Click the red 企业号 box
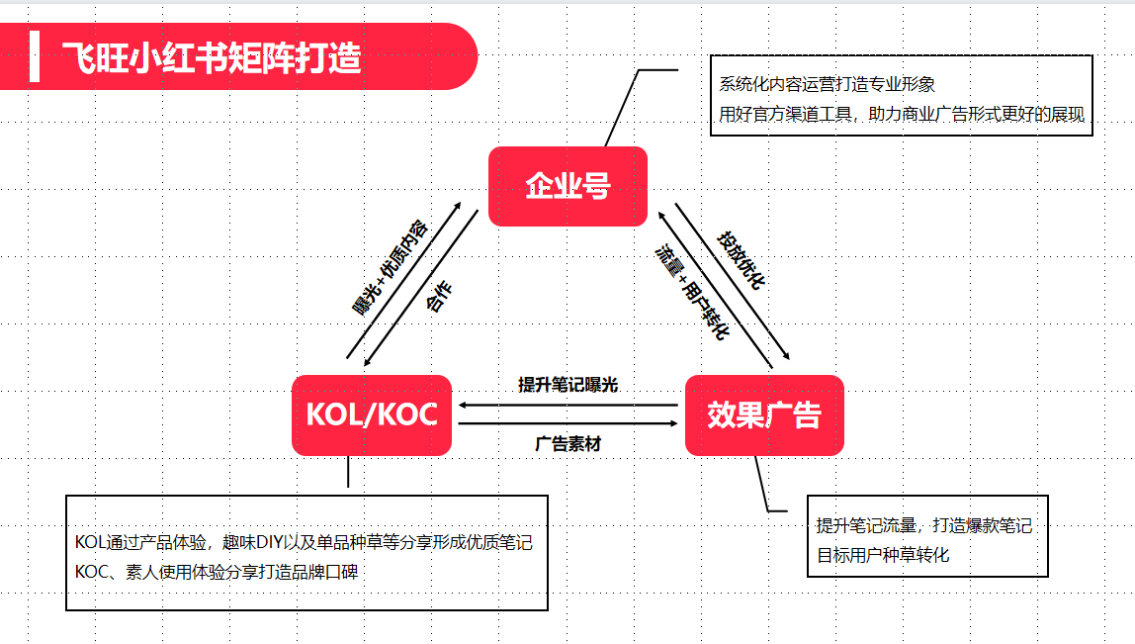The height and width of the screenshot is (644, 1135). click(x=567, y=186)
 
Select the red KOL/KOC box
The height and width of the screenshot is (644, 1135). click(x=372, y=415)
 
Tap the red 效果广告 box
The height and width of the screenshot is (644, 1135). click(x=764, y=415)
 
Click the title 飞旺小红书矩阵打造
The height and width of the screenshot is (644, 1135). click(x=212, y=57)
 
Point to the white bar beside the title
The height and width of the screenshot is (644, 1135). click(x=34, y=56)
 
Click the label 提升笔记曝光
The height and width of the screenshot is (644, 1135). click(x=568, y=385)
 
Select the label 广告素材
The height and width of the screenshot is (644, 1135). click(x=568, y=443)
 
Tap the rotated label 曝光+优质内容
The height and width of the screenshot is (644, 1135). click(x=391, y=268)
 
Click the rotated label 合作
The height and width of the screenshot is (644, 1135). click(x=439, y=297)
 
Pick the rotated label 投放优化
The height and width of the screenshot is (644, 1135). click(x=741, y=261)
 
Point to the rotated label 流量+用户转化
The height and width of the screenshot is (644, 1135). click(x=692, y=292)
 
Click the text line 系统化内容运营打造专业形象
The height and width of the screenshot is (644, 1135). click(x=827, y=85)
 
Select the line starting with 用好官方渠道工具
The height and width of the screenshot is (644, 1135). click(x=902, y=115)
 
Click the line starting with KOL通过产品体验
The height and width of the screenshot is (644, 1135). click(x=305, y=542)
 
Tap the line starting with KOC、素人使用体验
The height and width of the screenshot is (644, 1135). click(x=217, y=573)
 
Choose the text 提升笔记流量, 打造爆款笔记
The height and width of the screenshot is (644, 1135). click(x=924, y=526)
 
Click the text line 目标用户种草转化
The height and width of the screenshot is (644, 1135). click(x=883, y=556)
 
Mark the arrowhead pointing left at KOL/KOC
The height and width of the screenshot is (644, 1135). click(x=464, y=406)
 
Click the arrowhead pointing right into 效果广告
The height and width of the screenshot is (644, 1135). click(x=673, y=423)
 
